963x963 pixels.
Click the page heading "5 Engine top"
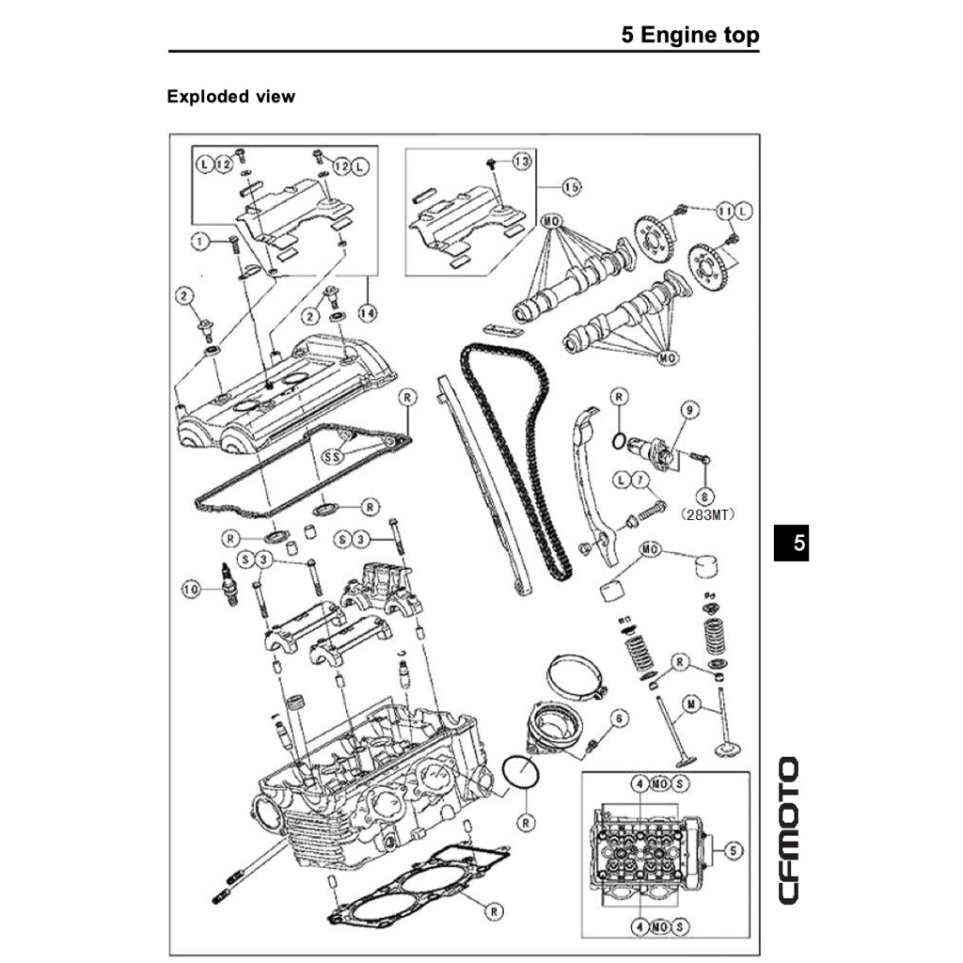pos(689,36)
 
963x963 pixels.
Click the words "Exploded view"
pos(230,96)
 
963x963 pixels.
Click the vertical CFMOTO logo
pos(789,830)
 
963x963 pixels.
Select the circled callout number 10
pos(191,590)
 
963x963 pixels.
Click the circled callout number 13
pos(521,162)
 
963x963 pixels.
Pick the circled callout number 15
pos(571,187)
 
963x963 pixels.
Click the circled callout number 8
pos(703,495)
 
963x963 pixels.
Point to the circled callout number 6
pos(618,718)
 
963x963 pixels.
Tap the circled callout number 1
pos(198,241)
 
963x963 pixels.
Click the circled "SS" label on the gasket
pos(332,456)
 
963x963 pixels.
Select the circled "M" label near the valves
pos(691,704)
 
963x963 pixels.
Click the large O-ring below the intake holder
pos(521,773)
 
